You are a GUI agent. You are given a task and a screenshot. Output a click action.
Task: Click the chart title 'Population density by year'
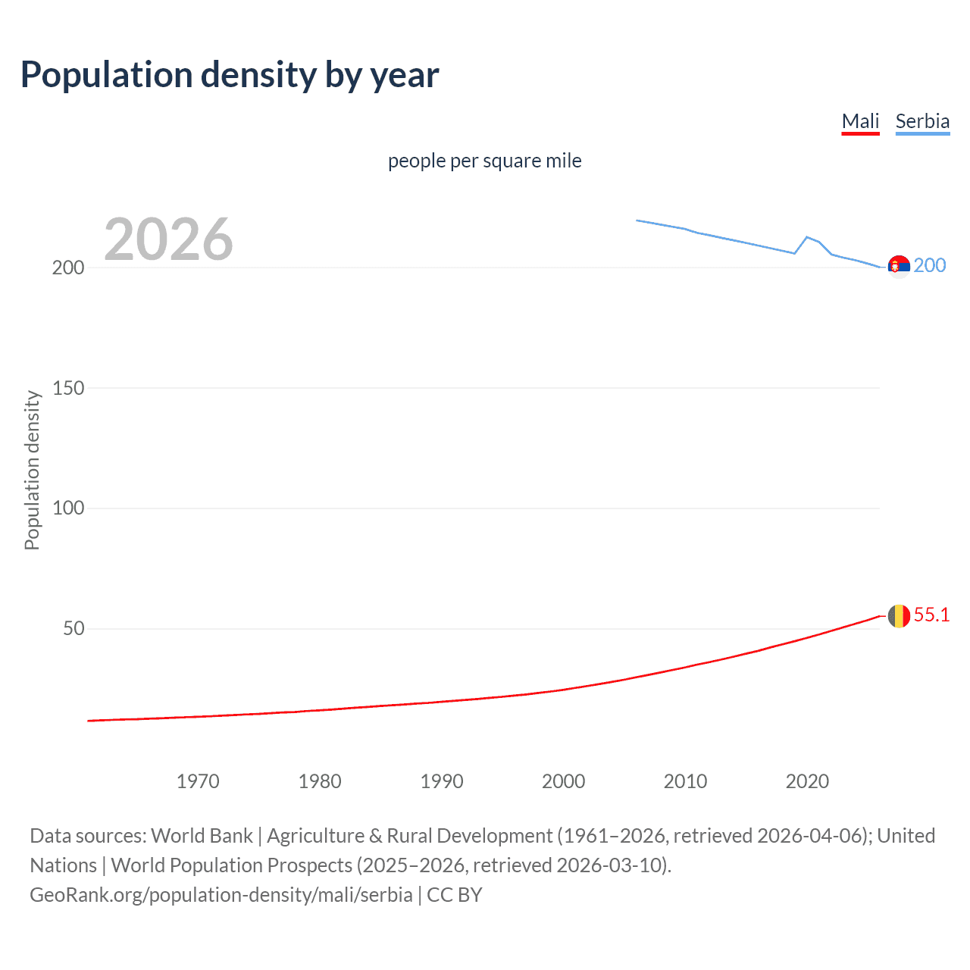[x=230, y=75]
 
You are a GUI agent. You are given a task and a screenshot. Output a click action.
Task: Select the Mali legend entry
[x=860, y=121]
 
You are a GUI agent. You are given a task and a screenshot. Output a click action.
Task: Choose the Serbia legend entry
[x=922, y=121]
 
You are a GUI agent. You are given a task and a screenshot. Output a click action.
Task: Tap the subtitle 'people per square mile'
[x=484, y=161]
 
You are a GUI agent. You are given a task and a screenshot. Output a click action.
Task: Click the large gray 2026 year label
[x=168, y=239]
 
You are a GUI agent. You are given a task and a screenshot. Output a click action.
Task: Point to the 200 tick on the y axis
[x=68, y=268]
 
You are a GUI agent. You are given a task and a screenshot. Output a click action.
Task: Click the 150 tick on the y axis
[x=68, y=388]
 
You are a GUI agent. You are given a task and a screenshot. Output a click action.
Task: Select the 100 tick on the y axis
[x=68, y=508]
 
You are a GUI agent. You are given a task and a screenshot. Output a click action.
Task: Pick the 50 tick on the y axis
[x=74, y=628]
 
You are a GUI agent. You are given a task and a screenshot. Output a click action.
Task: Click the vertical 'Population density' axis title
[x=32, y=470]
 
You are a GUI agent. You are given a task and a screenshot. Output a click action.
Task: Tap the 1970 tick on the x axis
[x=198, y=781]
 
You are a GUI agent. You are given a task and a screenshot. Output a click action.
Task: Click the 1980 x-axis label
[x=320, y=781]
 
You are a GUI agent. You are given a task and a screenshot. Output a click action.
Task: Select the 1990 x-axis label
[x=442, y=781]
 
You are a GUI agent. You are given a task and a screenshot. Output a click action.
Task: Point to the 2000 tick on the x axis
[x=563, y=781]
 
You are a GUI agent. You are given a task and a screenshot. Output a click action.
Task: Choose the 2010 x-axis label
[x=685, y=781]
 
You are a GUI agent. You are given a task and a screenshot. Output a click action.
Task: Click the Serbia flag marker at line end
[x=899, y=266]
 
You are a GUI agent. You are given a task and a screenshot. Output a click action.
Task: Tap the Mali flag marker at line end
[x=899, y=615]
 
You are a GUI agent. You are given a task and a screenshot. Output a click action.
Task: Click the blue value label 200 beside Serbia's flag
[x=930, y=265]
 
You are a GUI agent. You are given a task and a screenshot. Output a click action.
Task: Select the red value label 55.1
[x=931, y=615]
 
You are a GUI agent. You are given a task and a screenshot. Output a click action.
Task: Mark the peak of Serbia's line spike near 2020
[x=807, y=237]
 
